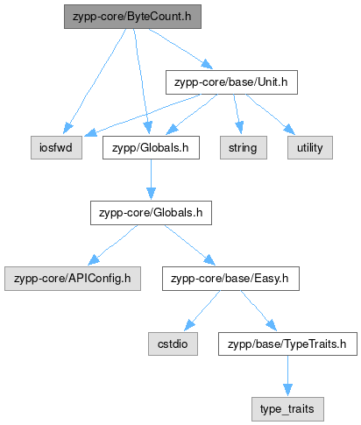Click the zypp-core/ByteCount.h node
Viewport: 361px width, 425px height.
pyautogui.click(x=132, y=17)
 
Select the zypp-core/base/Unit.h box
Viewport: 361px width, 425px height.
pyautogui.click(x=231, y=82)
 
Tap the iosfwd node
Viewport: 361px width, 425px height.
pyautogui.click(x=56, y=147)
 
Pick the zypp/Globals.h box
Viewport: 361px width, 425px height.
pyautogui.click(x=151, y=147)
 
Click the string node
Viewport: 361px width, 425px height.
pyautogui.click(x=244, y=147)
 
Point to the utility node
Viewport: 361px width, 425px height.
pyautogui.click(x=310, y=147)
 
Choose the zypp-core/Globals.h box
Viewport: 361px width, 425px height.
pyautogui.click(x=151, y=213)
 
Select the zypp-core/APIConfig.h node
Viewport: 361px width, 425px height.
pyautogui.click(x=73, y=279)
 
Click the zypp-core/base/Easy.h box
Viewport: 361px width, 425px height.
pyautogui.click(x=230, y=279)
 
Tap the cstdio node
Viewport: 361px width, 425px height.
pyautogui.click(x=173, y=344)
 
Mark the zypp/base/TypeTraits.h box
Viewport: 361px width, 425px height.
pyautogui.click(x=287, y=344)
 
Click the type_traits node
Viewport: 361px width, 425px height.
pyautogui.click(x=287, y=409)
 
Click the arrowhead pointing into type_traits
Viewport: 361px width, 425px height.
pyautogui.click(x=287, y=390)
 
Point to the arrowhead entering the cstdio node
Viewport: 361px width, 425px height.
pyautogui.click(x=189, y=326)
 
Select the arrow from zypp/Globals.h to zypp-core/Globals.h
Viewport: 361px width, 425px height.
pyautogui.click(x=151, y=180)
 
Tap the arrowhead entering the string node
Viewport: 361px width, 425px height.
pyautogui.click(x=239, y=129)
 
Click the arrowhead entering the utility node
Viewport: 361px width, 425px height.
pyautogui.click(x=290, y=130)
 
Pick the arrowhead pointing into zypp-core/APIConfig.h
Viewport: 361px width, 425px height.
pyautogui.click(x=94, y=260)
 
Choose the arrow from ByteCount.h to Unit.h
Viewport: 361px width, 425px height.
pyautogui.click(x=181, y=49)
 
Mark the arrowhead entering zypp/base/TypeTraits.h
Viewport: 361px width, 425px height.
pyautogui.click(x=272, y=325)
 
